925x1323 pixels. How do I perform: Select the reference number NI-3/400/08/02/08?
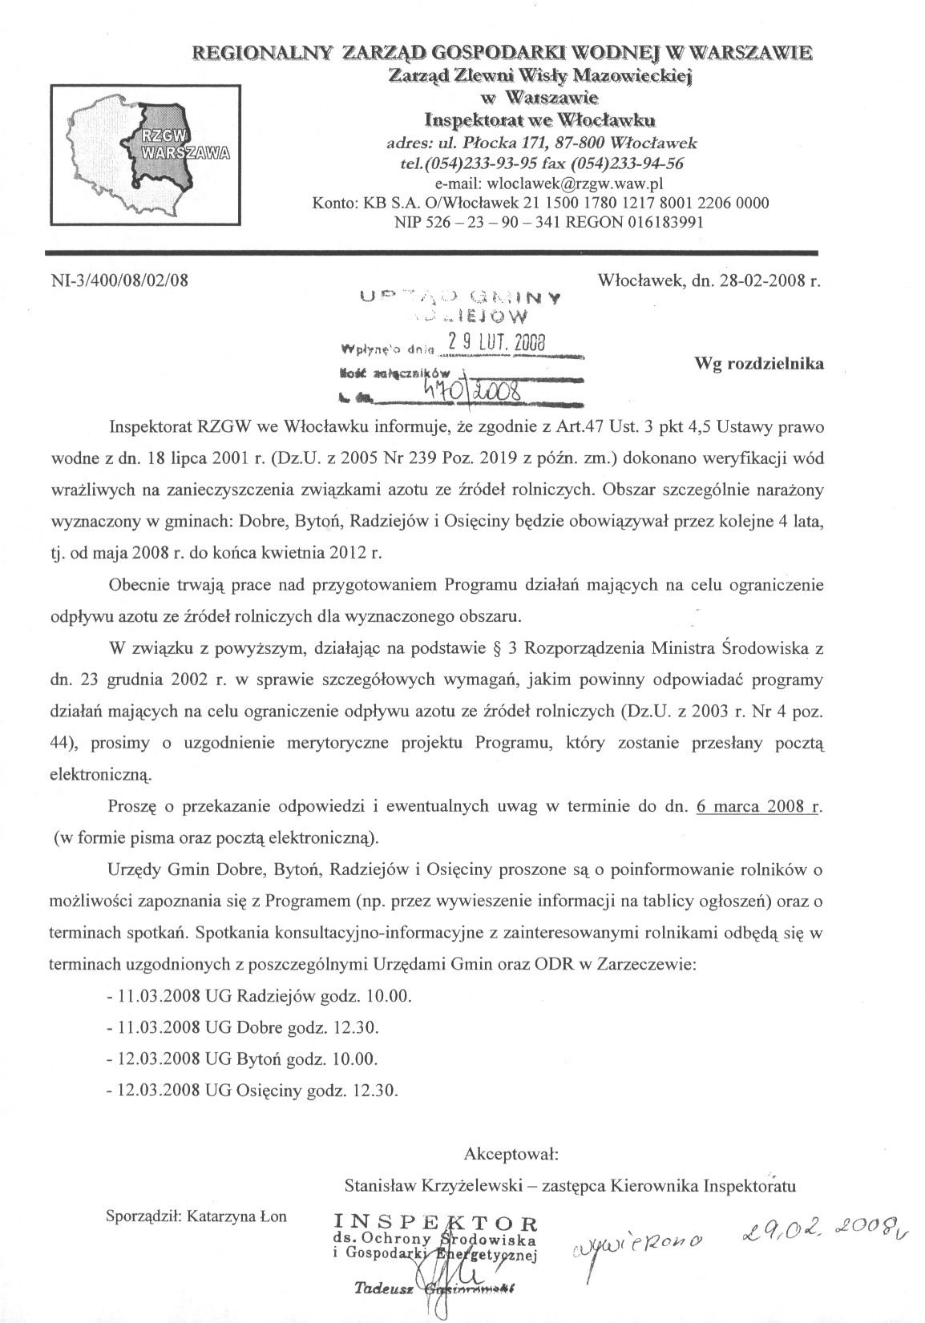(x=119, y=281)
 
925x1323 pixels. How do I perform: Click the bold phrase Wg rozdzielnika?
(x=758, y=363)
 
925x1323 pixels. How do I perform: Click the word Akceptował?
(x=511, y=1155)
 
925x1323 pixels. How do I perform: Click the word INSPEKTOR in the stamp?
(x=435, y=1223)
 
